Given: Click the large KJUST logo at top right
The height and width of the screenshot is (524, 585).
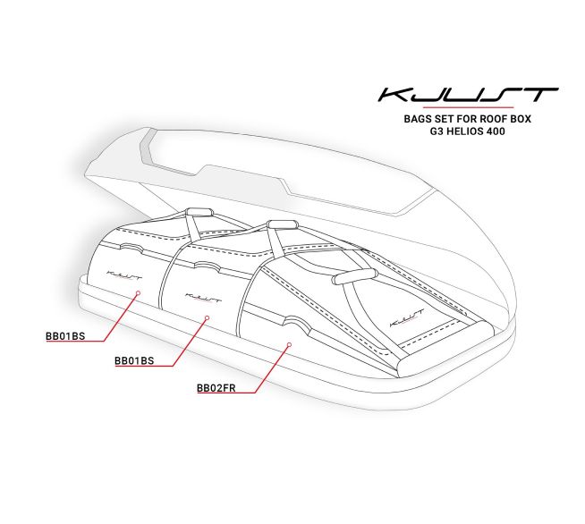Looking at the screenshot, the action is (468, 95).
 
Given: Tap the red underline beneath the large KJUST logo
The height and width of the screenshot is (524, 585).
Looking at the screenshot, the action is (468, 107).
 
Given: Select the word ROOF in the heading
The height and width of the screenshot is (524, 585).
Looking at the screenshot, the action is (493, 119).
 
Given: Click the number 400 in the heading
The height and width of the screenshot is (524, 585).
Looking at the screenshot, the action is (496, 131).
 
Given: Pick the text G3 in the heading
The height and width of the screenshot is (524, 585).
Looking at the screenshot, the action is (436, 131).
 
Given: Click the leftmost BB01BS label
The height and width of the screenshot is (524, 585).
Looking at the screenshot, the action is (65, 336).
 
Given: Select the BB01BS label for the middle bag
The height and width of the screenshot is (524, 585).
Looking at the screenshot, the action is (134, 360).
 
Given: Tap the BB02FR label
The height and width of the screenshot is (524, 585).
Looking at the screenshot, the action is (216, 388).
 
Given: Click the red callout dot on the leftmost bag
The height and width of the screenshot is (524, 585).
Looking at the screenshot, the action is (138, 292).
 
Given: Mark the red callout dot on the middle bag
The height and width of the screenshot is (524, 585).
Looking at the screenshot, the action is (208, 317).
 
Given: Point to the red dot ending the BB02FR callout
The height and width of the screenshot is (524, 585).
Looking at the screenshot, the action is (289, 344).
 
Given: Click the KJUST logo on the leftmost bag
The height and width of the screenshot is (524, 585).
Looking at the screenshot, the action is (124, 275).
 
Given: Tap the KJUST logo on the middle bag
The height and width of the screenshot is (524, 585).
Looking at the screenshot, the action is (203, 298).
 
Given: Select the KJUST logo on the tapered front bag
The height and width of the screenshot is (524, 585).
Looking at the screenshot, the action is (406, 317).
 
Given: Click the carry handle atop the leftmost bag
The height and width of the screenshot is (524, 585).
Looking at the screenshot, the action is (199, 213).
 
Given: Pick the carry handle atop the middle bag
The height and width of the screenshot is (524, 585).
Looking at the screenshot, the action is (282, 224).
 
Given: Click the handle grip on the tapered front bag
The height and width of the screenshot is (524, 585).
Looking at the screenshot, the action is (355, 276).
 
